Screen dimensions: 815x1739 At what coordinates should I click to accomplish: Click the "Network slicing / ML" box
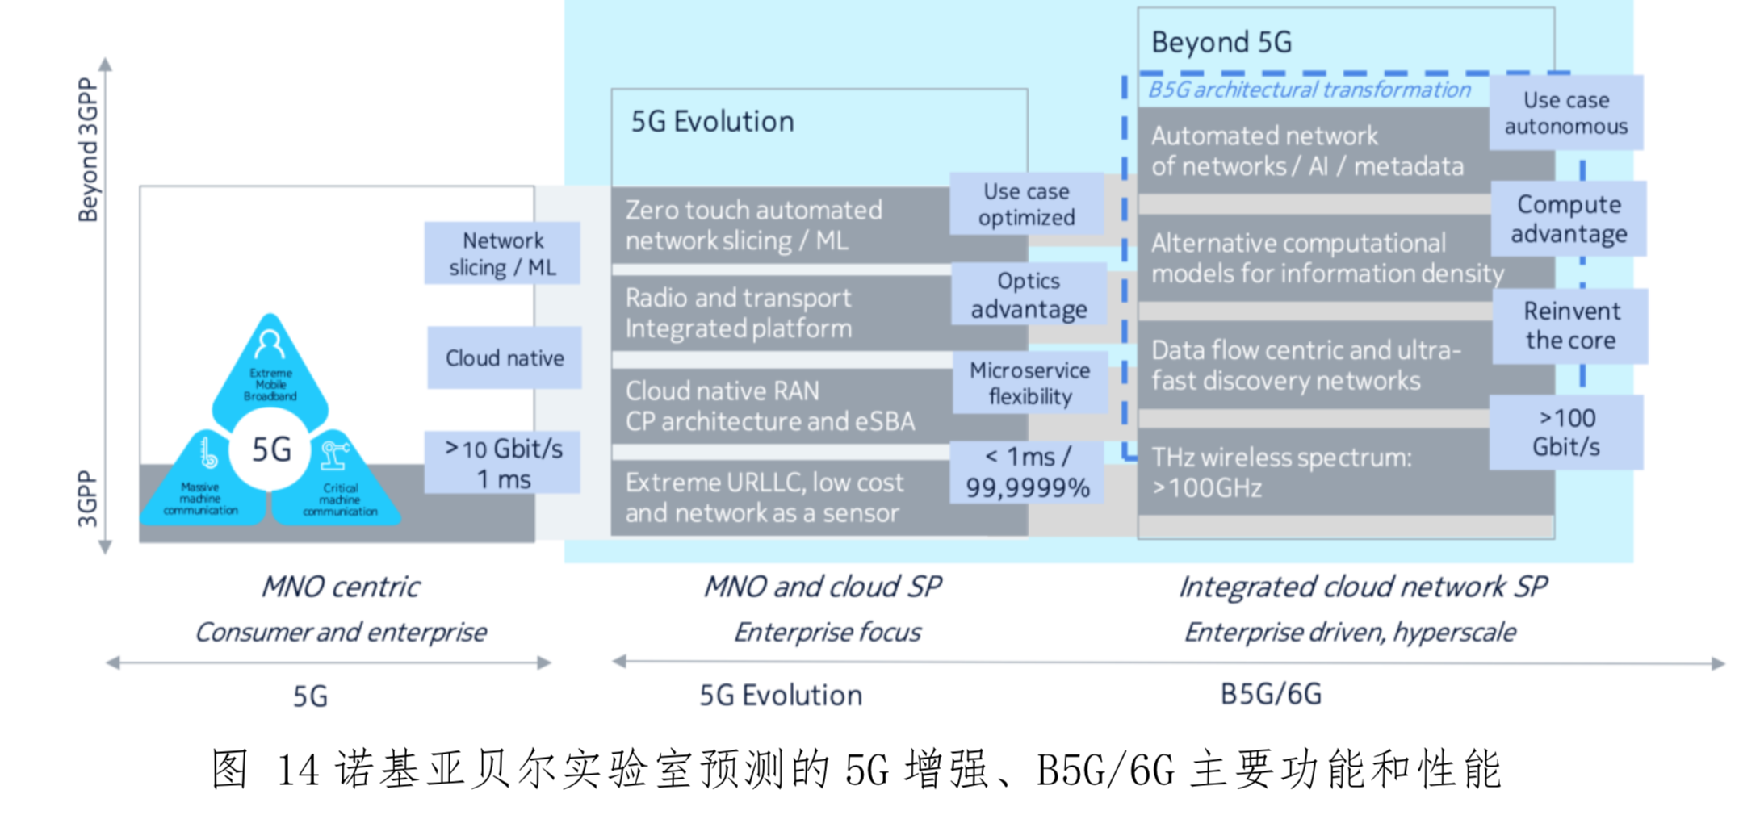[x=502, y=253]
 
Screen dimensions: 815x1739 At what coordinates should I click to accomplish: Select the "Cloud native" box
[x=505, y=357]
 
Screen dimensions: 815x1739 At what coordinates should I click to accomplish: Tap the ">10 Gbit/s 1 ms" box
[x=502, y=463]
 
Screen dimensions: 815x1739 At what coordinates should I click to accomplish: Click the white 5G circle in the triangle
[x=270, y=449]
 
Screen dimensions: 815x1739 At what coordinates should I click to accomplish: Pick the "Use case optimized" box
[x=1026, y=204]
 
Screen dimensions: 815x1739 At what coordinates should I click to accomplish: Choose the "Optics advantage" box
[x=1029, y=295]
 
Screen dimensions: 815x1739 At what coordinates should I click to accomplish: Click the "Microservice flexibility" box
[x=1029, y=382]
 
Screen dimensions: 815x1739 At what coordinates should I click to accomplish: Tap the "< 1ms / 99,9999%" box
[x=1027, y=472]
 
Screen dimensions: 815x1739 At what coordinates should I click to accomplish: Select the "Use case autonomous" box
[x=1565, y=113]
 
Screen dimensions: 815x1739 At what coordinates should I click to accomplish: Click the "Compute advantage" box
[x=1568, y=219]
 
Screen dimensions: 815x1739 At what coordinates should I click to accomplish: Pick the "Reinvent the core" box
[x=1570, y=325]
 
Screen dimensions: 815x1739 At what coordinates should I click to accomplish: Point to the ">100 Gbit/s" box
[x=1565, y=432]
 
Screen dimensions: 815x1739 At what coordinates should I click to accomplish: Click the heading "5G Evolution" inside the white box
[x=712, y=122]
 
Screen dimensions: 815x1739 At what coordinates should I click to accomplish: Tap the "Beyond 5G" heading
[x=1221, y=42]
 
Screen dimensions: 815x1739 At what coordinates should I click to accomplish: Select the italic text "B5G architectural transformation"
[x=1309, y=90]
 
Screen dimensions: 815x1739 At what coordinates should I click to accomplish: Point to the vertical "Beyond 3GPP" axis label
[x=87, y=149]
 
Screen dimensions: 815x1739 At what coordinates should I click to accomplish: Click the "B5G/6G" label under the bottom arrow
[x=1271, y=694]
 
